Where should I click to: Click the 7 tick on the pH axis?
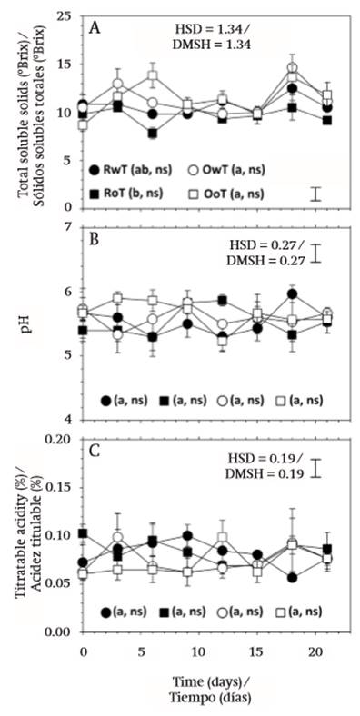click(69, 226)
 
